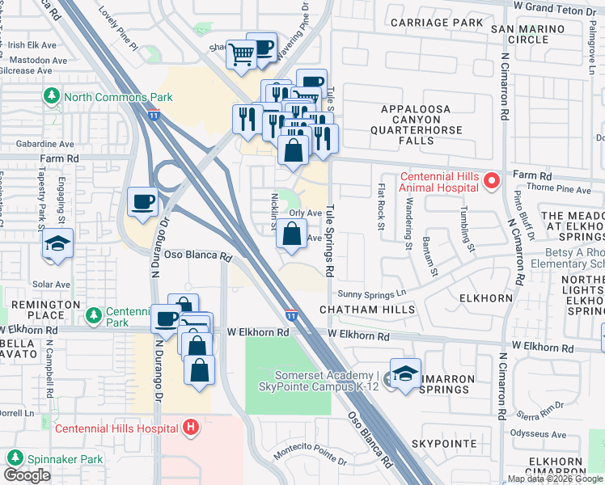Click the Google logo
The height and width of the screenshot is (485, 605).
coord(27,475)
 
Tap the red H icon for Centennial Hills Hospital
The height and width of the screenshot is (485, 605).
coord(191,427)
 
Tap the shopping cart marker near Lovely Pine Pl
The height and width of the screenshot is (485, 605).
coord(242,55)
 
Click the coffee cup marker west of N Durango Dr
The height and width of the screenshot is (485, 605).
coord(143,201)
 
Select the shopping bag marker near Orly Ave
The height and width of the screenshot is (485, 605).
coord(290,235)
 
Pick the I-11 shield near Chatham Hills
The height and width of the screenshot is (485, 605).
coord(291,313)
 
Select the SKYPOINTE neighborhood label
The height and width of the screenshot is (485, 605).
coord(443,445)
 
